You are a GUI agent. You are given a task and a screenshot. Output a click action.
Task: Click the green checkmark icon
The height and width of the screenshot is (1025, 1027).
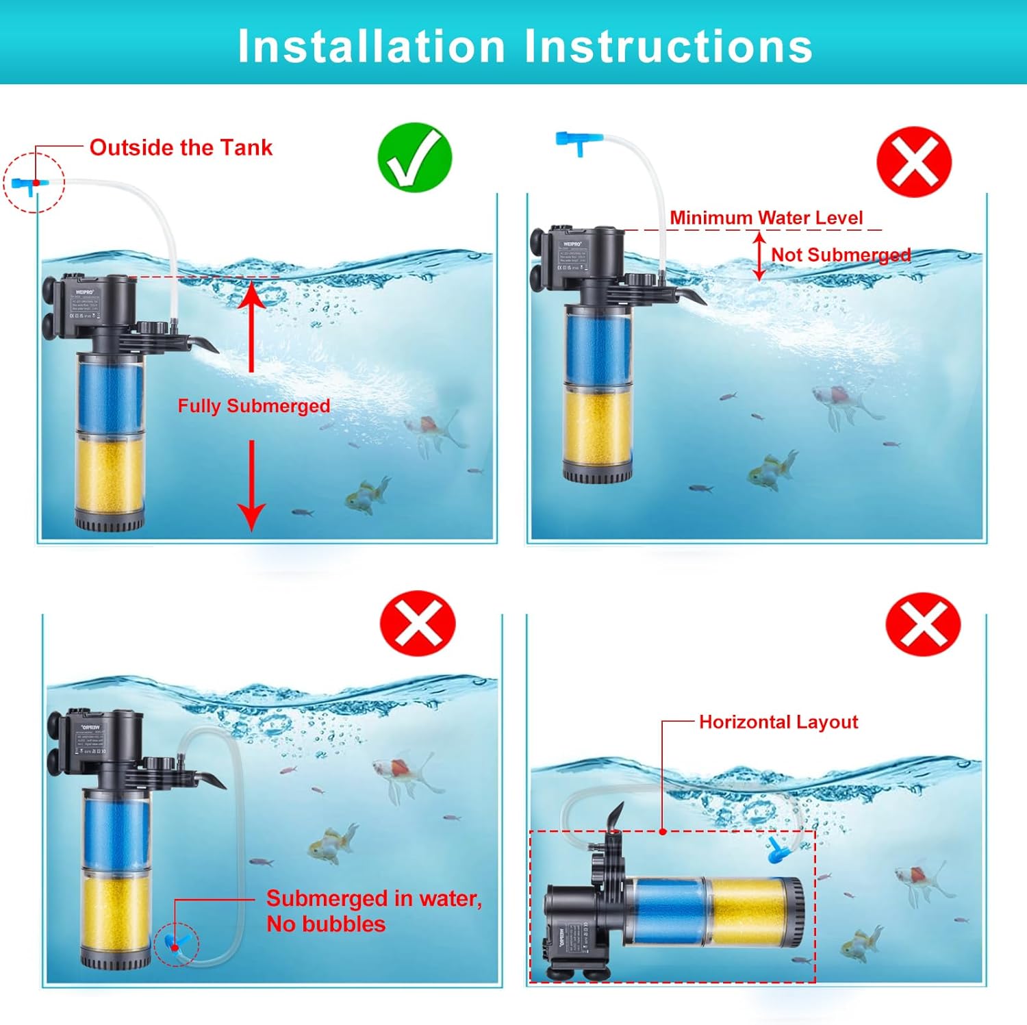[415, 157]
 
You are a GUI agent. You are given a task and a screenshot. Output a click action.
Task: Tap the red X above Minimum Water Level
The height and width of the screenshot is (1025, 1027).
[914, 162]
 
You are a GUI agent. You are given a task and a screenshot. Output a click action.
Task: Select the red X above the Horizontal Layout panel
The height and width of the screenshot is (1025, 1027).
[923, 624]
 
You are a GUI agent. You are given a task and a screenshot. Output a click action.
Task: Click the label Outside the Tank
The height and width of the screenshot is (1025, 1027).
[181, 147]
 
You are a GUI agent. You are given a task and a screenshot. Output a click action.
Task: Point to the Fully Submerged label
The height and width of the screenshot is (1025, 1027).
[254, 406]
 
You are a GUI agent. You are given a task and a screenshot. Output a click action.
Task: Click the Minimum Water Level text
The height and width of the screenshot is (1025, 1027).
[766, 218]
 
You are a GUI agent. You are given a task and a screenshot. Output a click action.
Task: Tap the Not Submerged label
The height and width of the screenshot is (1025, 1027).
[841, 255]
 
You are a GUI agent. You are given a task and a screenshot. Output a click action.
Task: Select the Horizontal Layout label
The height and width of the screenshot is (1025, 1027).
[778, 722]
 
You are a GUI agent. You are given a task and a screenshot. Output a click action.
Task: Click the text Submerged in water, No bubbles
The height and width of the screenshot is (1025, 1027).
[374, 911]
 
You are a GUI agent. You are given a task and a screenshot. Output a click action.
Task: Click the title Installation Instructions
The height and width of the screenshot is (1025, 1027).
[525, 47]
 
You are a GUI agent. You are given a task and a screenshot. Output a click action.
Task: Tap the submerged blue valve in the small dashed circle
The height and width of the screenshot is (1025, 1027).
[174, 945]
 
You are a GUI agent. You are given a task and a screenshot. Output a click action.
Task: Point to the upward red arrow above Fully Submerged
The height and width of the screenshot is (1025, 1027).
[251, 325]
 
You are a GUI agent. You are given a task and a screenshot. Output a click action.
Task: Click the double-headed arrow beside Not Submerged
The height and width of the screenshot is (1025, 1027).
[759, 256]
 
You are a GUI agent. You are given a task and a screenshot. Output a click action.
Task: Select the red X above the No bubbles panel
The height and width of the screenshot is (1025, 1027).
[418, 624]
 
